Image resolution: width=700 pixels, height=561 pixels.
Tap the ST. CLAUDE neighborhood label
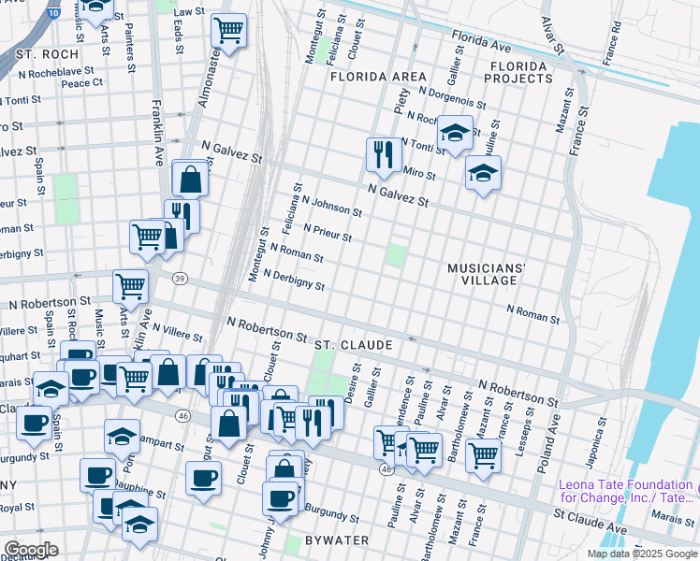[353, 345]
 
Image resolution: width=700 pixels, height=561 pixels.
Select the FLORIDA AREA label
[377, 77]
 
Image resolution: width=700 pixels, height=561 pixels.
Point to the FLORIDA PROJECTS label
[518, 72]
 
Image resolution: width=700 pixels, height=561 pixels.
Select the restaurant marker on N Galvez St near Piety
[383, 154]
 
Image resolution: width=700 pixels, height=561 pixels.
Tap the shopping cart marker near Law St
[228, 31]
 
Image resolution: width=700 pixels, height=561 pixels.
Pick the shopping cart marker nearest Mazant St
[483, 456]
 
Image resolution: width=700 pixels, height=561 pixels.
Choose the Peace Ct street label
[81, 83]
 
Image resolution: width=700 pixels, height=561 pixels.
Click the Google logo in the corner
[32, 549]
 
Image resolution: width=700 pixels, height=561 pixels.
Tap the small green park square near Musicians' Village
[398, 254]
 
